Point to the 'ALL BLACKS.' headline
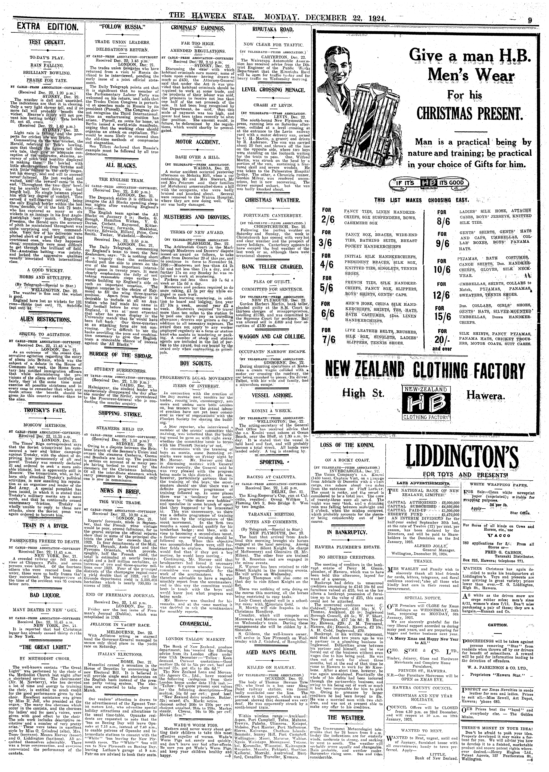(x=116, y=166)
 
